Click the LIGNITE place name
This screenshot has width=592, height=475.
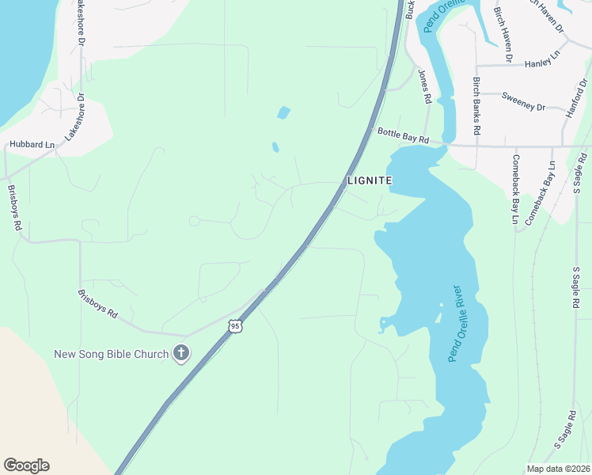click(x=370, y=180)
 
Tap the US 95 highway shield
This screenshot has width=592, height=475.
click(x=234, y=325)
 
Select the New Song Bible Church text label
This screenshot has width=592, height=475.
click(x=111, y=354)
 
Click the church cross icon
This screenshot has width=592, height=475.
click(x=181, y=353)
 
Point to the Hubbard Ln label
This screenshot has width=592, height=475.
click(x=32, y=145)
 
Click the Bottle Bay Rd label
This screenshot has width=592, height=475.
click(x=403, y=136)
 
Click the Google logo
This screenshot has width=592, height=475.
click(x=26, y=465)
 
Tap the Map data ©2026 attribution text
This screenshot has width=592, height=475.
click(x=558, y=469)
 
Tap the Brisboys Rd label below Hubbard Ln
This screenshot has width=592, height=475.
click(x=13, y=207)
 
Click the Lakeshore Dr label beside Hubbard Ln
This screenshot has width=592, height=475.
click(x=75, y=119)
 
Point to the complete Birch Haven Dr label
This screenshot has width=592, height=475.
click(x=503, y=35)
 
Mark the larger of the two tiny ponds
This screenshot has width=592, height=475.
click(x=283, y=112)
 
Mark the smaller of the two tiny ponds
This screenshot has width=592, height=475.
click(x=275, y=146)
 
